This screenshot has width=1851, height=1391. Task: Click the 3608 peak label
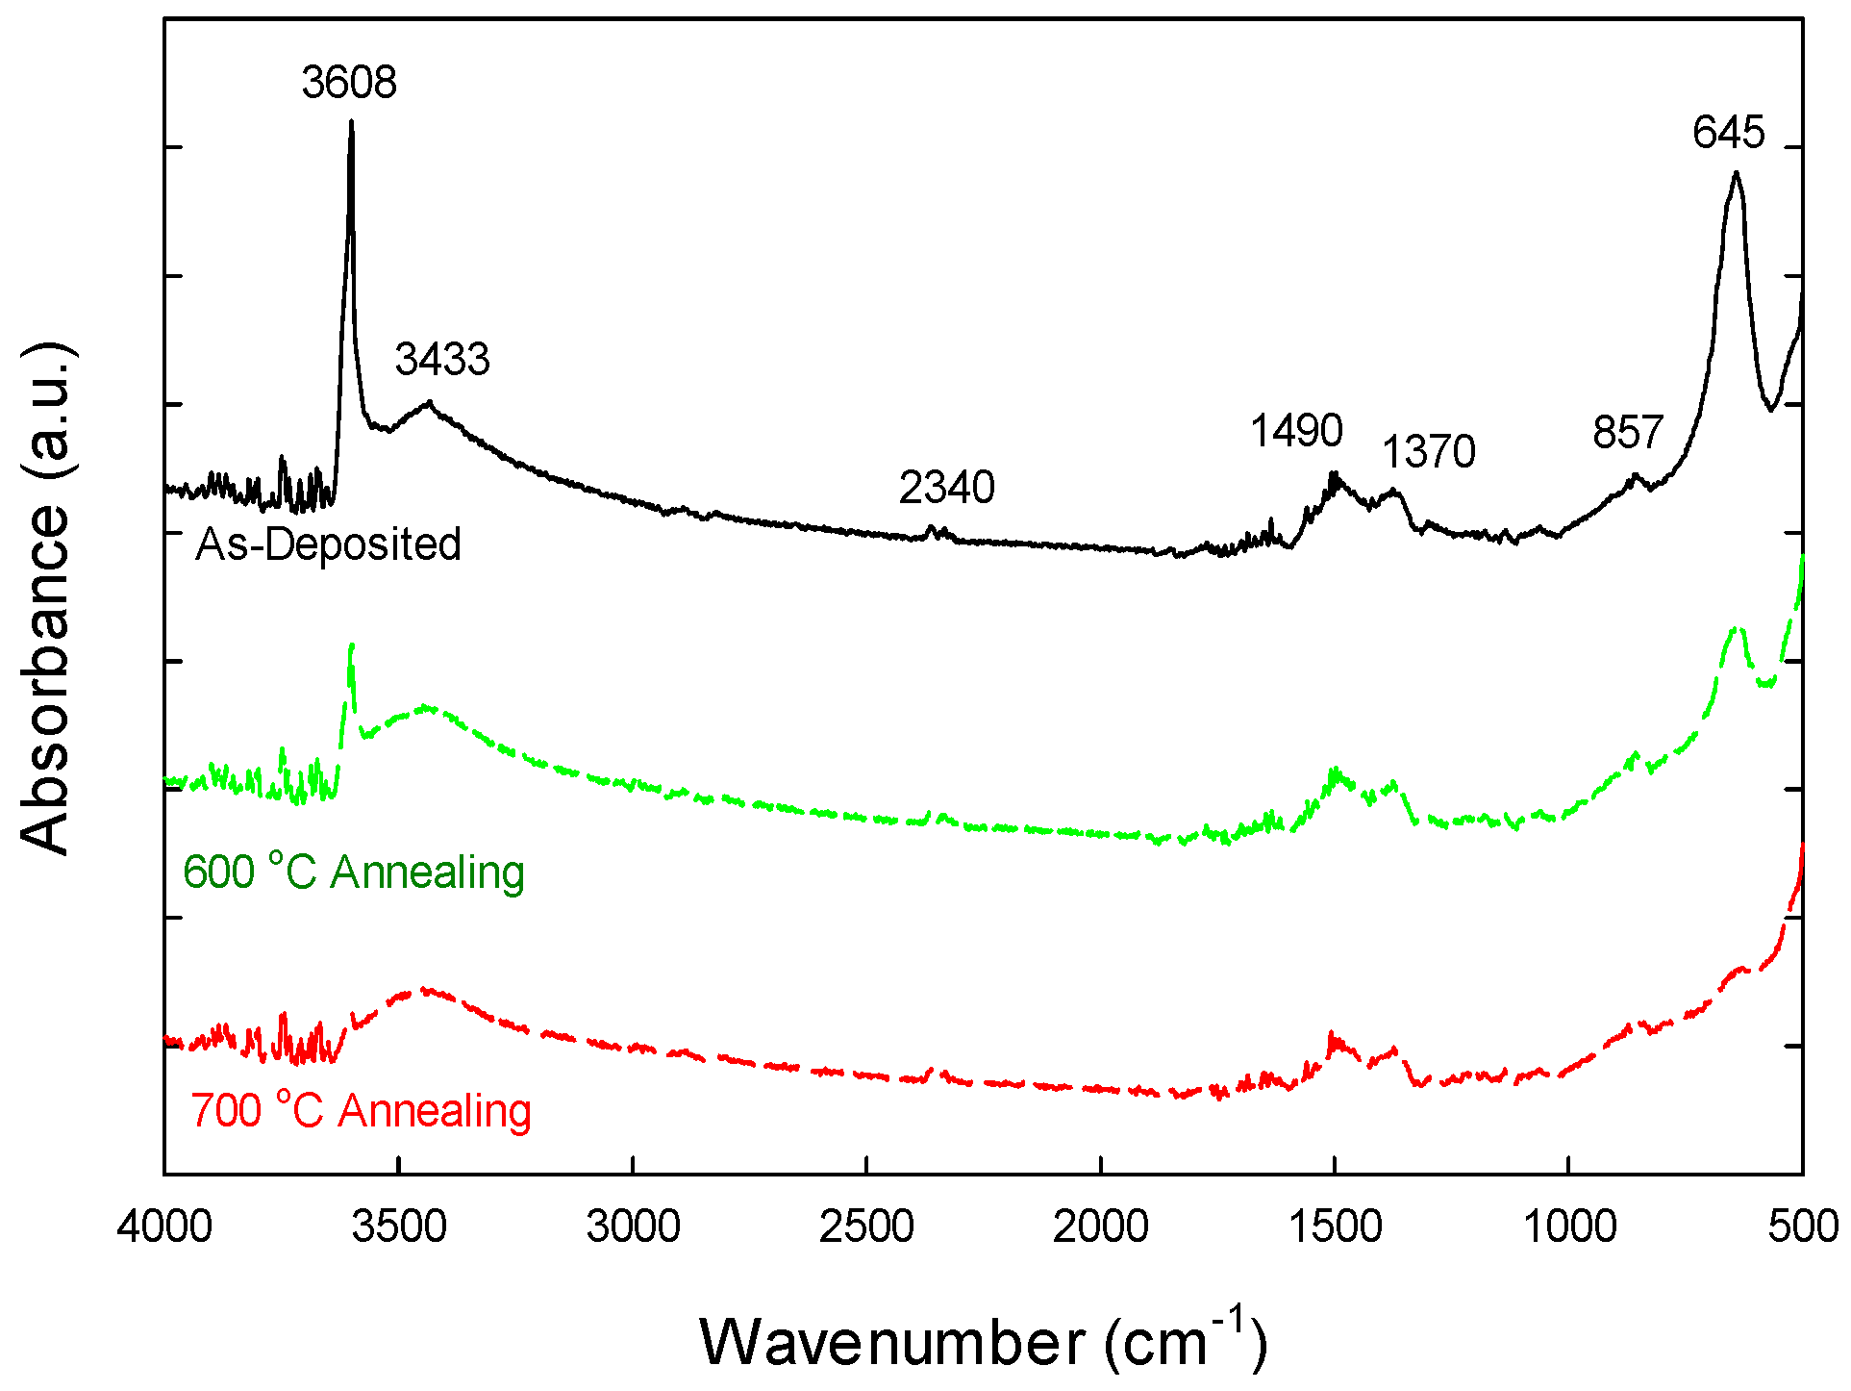pos(348,83)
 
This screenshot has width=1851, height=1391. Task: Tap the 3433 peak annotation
pos(442,360)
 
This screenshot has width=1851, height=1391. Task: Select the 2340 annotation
pos(946,489)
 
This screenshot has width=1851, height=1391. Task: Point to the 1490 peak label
pos(1295,431)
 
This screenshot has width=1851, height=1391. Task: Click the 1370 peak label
pos(1428,452)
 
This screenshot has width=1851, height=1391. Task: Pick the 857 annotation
pos(1627,433)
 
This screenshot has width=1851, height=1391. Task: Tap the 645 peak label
pos(1728,133)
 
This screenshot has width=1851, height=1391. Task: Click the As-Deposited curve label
pos(328,544)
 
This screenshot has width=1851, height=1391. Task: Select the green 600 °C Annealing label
pos(354,873)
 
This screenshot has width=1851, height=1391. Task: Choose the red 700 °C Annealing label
pos(361,1111)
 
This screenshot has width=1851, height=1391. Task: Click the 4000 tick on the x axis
pos(164,1228)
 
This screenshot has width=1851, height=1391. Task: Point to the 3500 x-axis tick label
pos(398,1228)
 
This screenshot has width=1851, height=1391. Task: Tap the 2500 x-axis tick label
pos(865,1228)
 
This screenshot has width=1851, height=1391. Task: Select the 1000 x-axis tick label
pos(1568,1228)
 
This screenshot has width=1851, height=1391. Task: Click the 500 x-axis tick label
pos(1802,1228)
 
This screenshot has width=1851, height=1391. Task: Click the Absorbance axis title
pos(46,596)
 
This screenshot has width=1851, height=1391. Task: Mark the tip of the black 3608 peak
pos(351,122)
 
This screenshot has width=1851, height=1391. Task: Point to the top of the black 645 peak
pos(1736,173)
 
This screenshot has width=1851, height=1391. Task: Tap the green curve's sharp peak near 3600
pos(352,645)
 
